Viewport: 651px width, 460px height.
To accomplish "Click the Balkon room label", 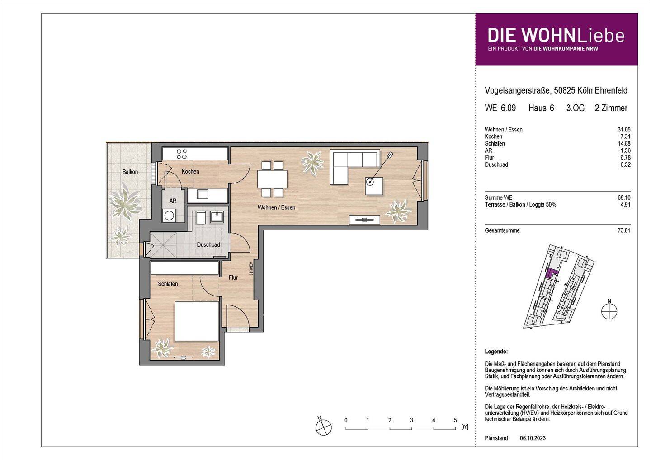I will (x=130, y=172).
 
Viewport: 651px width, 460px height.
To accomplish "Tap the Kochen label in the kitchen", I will (x=190, y=171).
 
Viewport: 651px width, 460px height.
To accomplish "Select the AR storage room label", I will (x=173, y=201).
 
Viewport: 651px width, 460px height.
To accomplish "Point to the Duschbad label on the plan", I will (x=208, y=245).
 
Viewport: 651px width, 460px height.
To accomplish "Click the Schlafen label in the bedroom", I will (x=168, y=284).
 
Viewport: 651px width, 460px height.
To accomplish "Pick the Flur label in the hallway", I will (x=233, y=277).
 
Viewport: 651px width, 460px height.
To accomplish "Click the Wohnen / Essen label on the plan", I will (x=276, y=207).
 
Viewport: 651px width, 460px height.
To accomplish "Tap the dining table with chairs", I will (x=272, y=178).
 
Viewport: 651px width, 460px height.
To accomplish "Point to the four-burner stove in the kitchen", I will (x=182, y=154).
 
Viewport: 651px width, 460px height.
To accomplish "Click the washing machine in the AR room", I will (x=170, y=216).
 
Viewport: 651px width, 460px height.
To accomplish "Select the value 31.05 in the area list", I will (x=624, y=130).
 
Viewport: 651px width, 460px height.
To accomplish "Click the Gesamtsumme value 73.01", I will (x=624, y=230).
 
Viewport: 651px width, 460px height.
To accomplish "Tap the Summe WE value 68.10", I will (x=624, y=197).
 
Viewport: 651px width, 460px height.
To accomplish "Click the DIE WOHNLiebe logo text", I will (x=556, y=36).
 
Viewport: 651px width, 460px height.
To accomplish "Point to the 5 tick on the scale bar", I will (x=455, y=420).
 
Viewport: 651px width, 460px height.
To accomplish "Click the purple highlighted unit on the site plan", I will (x=552, y=272).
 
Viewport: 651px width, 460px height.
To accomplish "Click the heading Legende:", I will (x=496, y=352).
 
